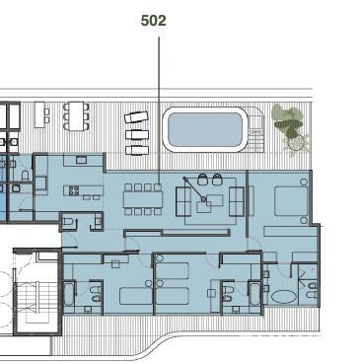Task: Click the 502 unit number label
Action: [153, 21]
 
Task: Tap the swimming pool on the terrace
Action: [204, 129]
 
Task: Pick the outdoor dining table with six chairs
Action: [76, 116]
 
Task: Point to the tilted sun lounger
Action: [136, 117]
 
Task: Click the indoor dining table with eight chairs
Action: [143, 199]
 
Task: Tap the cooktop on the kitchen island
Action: [74, 190]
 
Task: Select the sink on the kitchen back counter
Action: [81, 160]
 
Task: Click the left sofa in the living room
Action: [183, 200]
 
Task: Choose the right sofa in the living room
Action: [237, 200]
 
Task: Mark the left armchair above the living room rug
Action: [203, 180]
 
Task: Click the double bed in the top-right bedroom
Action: [291, 201]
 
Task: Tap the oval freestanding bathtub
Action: [284, 297]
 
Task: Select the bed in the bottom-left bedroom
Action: [136, 296]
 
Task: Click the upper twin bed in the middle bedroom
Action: [173, 270]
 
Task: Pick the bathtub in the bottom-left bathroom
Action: [69, 294]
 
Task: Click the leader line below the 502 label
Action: [159, 111]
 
